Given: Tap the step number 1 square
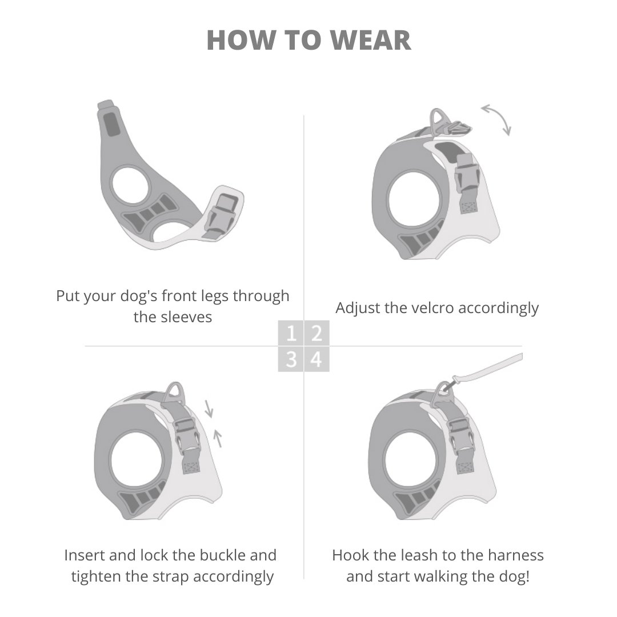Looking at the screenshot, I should coord(291,333).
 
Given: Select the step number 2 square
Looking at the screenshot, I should coord(316,333).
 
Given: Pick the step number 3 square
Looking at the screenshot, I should coord(291,360).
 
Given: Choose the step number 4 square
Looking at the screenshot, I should coord(316,360).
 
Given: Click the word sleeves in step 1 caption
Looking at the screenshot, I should coord(173,317).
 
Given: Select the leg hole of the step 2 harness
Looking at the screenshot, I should coord(414,202).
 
